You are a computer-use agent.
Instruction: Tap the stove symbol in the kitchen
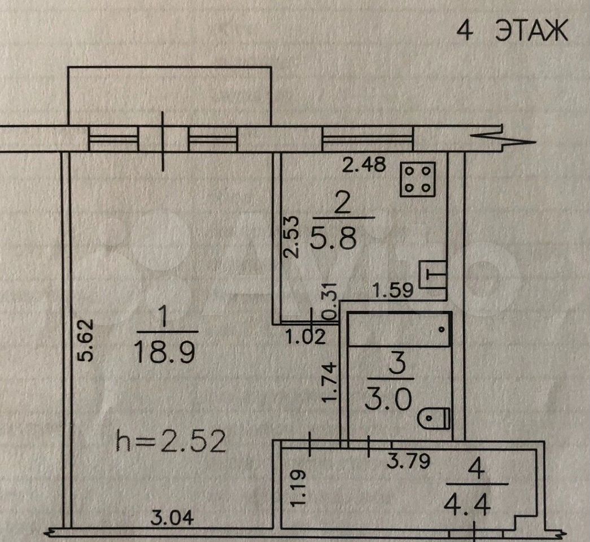418,180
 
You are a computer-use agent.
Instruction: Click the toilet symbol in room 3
434,418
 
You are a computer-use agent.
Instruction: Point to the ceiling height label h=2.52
171,441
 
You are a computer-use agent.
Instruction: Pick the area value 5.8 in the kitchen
334,237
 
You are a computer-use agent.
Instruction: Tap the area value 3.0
388,399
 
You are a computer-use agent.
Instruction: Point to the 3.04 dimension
172,518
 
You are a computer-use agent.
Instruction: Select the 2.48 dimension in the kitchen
364,164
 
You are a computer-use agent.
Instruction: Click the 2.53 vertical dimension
291,237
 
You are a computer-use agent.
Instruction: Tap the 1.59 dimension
393,290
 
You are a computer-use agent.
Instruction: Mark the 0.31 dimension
331,301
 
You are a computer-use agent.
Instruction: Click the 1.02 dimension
305,336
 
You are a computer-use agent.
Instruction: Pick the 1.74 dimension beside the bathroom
330,382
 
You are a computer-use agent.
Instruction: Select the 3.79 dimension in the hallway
408,461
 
